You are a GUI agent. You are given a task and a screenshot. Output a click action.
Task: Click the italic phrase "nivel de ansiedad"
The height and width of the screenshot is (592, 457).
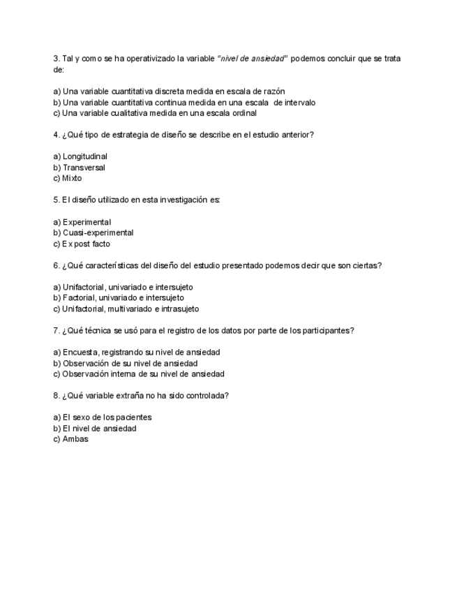click(x=253, y=59)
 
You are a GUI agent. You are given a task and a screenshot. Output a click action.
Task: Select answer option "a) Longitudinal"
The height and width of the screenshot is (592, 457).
click(x=80, y=156)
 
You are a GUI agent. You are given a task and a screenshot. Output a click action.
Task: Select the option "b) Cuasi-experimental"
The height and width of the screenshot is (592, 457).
click(x=93, y=232)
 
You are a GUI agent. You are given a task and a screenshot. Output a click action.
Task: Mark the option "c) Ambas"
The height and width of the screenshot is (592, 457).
click(x=70, y=439)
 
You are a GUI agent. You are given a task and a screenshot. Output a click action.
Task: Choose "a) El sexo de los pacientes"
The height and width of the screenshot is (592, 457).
click(x=102, y=417)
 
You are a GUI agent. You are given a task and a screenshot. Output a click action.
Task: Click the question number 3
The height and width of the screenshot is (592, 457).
click(x=56, y=59)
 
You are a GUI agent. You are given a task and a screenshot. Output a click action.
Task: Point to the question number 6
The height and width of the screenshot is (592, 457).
click(x=56, y=265)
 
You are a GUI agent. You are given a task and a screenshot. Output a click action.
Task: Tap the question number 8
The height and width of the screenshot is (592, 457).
click(x=56, y=395)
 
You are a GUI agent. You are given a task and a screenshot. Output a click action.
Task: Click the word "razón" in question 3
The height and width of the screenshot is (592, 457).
click(x=274, y=91)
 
